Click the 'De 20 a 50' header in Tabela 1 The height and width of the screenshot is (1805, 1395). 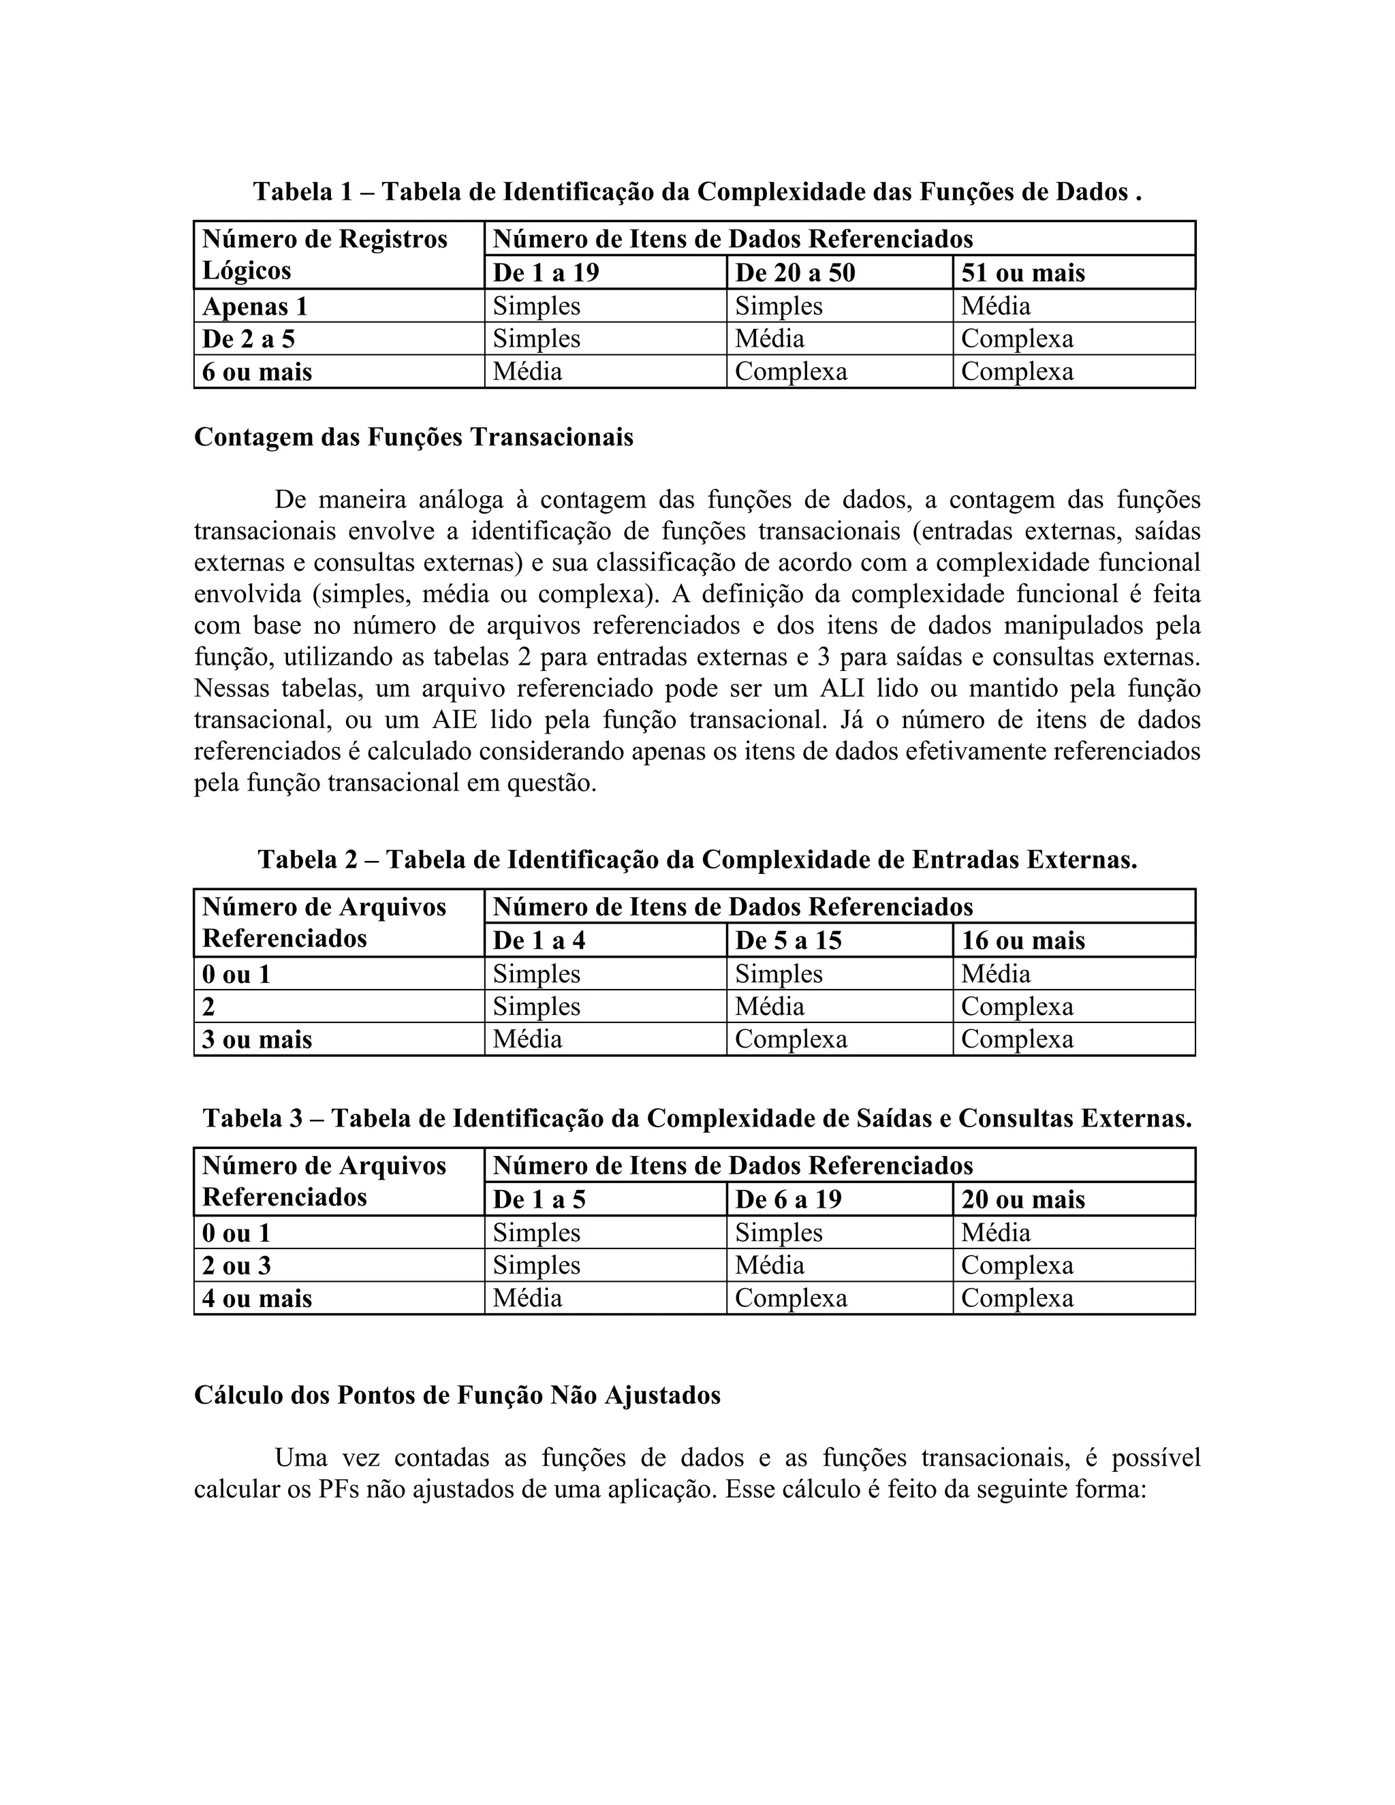click(794, 272)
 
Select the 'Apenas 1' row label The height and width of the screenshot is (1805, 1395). click(255, 307)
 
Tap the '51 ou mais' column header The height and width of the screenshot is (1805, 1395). click(1022, 272)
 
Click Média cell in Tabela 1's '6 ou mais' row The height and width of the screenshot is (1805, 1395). click(527, 371)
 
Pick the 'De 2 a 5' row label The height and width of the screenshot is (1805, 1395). click(248, 339)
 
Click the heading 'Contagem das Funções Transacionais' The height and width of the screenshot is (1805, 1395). click(413, 437)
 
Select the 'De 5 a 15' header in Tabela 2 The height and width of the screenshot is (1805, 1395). click(787, 941)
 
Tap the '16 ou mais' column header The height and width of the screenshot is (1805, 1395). click(1022, 941)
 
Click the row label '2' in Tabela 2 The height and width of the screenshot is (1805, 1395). click(208, 1007)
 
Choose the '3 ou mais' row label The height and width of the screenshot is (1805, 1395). click(257, 1039)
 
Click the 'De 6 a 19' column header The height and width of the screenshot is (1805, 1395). click(787, 1199)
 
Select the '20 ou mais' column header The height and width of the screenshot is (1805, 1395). click(1022, 1199)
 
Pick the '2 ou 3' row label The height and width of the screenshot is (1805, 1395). click(236, 1266)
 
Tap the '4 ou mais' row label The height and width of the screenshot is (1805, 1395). click(257, 1298)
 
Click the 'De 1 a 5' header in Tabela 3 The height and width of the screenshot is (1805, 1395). click(539, 1199)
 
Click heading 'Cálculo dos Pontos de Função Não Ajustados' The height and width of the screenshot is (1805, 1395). click(457, 1395)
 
